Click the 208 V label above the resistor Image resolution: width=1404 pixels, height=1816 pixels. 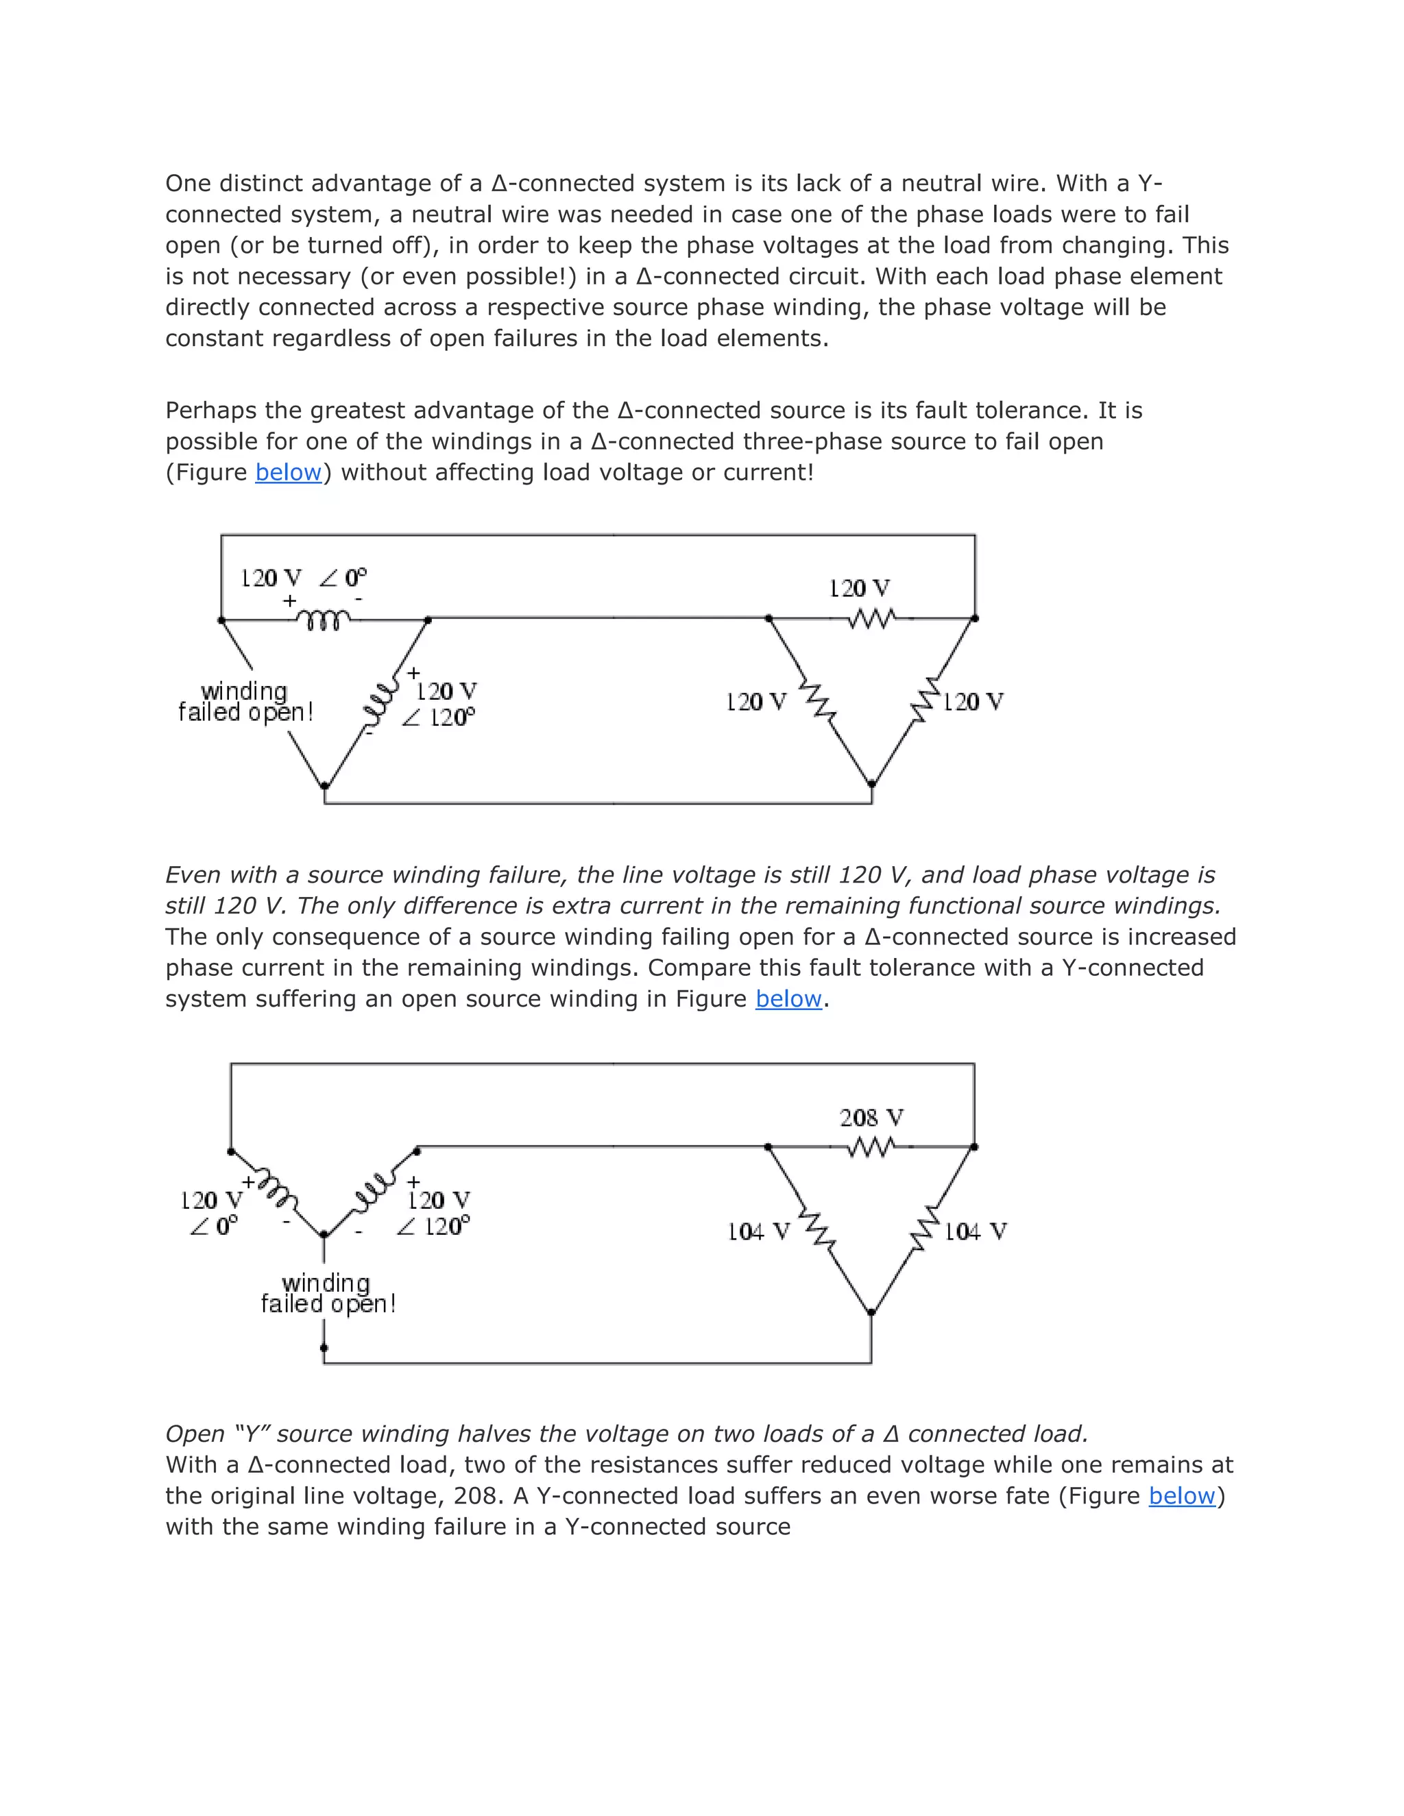click(871, 1118)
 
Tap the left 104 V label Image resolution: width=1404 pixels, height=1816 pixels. click(758, 1231)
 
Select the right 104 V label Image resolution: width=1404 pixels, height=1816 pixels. click(975, 1231)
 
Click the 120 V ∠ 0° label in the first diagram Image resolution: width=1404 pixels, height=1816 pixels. click(303, 578)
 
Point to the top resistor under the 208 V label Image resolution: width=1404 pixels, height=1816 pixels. click(871, 1147)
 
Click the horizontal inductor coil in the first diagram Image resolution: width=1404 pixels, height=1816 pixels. click(324, 619)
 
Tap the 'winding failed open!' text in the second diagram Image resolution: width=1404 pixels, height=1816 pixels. click(328, 1294)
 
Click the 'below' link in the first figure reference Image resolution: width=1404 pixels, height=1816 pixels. click(288, 472)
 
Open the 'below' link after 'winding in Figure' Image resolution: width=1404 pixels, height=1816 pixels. click(788, 998)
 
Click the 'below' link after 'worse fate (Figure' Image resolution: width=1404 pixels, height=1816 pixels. click(1181, 1496)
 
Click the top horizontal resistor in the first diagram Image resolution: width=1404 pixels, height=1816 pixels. click(871, 619)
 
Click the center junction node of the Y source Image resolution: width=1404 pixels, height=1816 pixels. click(324, 1236)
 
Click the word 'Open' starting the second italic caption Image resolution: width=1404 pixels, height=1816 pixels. click(195, 1434)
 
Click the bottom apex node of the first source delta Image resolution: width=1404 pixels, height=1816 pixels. click(325, 785)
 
